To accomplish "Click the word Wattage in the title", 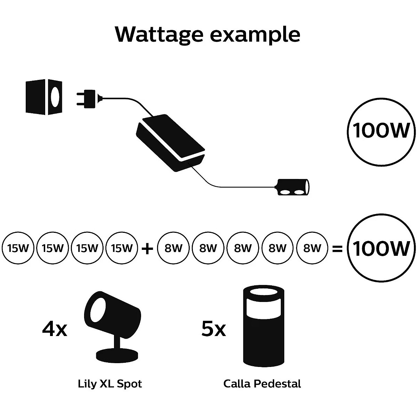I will click(x=159, y=34).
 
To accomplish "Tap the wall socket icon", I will click(x=44, y=97).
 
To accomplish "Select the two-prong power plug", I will click(x=87, y=98).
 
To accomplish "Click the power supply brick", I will click(x=171, y=143).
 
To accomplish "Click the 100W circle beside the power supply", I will click(x=381, y=131).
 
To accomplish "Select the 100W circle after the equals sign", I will click(x=381, y=248).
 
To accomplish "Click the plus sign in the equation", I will click(x=147, y=248).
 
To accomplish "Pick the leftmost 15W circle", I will click(x=18, y=248).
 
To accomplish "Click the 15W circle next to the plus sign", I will click(x=122, y=248).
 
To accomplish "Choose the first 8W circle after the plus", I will click(x=173, y=248).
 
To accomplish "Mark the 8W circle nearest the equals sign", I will click(x=312, y=248).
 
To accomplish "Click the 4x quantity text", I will click(x=55, y=329).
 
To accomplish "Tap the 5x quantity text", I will click(x=214, y=329).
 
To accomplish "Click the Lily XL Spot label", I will click(x=110, y=384).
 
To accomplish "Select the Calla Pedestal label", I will click(x=262, y=384).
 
